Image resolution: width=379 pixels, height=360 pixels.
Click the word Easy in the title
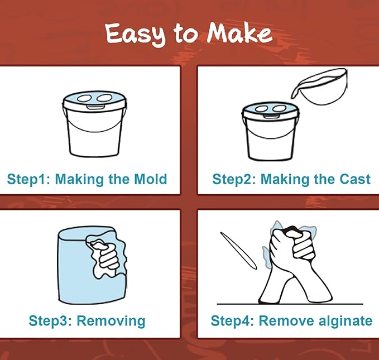[135, 35]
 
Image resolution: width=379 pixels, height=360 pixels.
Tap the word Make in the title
[239, 33]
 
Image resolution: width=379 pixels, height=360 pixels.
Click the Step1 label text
[29, 180]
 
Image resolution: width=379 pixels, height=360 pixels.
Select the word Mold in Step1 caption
[150, 179]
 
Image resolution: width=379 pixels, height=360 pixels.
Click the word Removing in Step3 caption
[111, 321]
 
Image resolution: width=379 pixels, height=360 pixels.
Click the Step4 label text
[232, 321]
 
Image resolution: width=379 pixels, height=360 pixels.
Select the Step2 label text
[234, 180]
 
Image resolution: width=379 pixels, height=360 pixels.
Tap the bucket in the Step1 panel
[94, 124]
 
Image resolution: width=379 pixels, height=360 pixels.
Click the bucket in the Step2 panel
[271, 132]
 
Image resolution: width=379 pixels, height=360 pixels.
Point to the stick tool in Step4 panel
[238, 251]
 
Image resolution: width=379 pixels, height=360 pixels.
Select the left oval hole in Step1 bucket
[84, 98]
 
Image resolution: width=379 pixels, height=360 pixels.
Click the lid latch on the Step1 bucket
[94, 107]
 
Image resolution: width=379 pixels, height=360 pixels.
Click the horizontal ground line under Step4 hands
[290, 304]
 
